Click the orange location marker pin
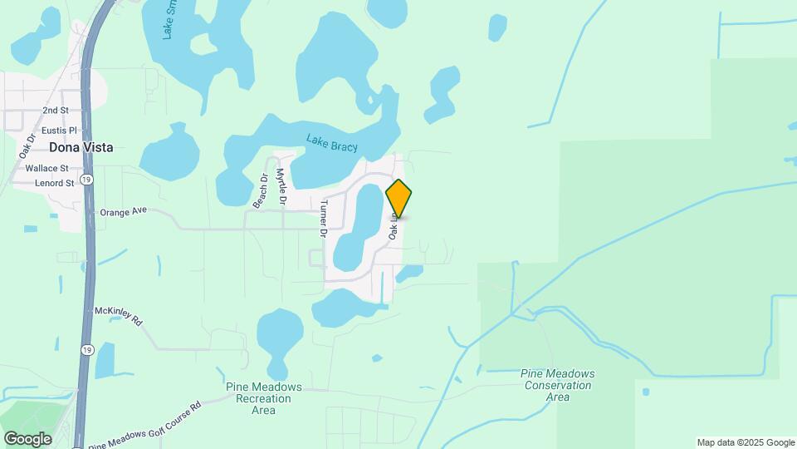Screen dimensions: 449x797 398,199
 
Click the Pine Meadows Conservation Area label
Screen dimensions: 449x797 558,385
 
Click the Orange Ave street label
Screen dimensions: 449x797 123,211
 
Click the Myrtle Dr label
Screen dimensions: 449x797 281,188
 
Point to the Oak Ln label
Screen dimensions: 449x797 394,225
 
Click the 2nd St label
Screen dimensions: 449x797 56,111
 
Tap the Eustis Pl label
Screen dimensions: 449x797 59,131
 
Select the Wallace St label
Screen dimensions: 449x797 46,168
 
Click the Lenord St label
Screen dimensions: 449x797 50,183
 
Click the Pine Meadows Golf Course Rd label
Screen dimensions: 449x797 144,427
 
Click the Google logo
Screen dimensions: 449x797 27,438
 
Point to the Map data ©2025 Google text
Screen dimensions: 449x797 746,442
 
